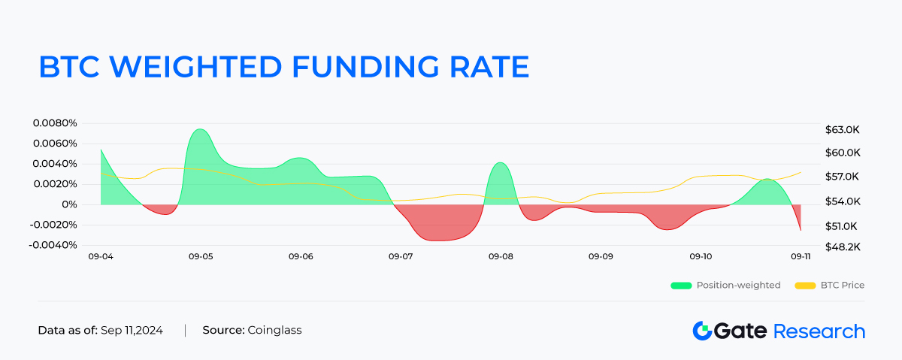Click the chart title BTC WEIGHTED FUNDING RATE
tap(283, 66)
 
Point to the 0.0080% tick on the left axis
tap(56, 123)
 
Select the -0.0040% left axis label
tap(54, 245)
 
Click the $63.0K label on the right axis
tap(842, 130)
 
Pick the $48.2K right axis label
tap(842, 247)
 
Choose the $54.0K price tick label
tap(842, 201)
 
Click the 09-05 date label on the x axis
tap(201, 257)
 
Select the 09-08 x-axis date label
tap(501, 257)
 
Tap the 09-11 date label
tap(800, 257)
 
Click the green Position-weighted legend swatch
tap(680, 286)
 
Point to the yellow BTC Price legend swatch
tap(805, 286)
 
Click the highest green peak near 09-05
tap(199, 131)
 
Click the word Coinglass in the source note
tap(274, 330)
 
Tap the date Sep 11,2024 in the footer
tap(132, 330)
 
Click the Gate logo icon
tap(702, 331)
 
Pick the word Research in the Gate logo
tap(819, 331)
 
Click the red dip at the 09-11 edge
tap(798, 224)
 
